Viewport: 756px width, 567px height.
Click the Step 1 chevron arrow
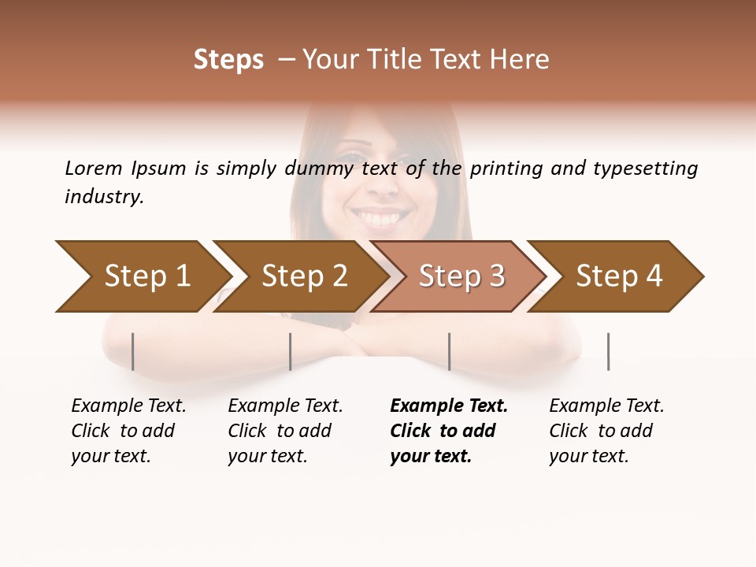tap(146, 276)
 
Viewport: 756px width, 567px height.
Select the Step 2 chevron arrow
tap(303, 276)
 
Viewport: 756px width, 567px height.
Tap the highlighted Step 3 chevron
tap(461, 276)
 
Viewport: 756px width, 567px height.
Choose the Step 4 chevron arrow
tap(618, 276)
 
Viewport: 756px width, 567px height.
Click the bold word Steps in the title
tap(228, 60)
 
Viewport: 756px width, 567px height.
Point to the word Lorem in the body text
tap(94, 168)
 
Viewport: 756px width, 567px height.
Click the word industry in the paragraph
tap(103, 197)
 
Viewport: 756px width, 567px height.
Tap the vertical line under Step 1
tap(133, 351)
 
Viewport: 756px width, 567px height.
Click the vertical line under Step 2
tap(291, 351)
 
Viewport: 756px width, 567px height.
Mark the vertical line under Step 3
tap(450, 351)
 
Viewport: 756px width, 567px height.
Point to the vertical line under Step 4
tap(609, 351)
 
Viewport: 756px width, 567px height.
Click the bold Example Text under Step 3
tap(449, 406)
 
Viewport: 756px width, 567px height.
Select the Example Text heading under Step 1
tap(128, 406)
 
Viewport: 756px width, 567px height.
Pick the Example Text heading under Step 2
tap(285, 406)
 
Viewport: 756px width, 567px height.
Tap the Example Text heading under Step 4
tap(606, 406)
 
